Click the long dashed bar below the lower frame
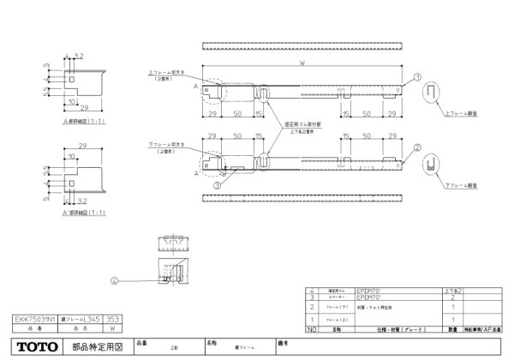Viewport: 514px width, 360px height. (302, 199)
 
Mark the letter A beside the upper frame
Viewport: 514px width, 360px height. (196, 87)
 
